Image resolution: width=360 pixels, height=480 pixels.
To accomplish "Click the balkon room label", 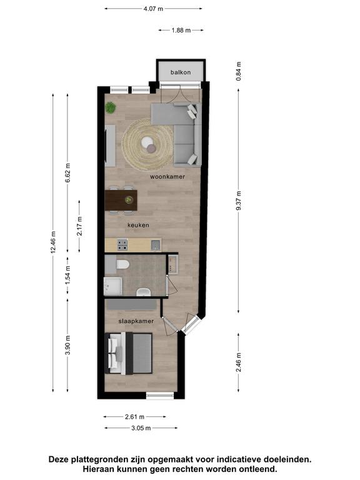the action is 181,72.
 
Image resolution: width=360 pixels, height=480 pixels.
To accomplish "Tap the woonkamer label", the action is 167,177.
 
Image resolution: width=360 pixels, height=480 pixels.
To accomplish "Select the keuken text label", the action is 138,225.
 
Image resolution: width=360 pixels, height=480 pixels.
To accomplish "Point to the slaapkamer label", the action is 136,321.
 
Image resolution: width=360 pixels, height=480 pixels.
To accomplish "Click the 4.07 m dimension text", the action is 153,9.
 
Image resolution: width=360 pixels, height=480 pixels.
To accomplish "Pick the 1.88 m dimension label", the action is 181,30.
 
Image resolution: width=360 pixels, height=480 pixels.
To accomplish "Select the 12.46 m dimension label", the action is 53,242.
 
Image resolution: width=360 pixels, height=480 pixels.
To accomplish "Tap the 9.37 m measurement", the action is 239,201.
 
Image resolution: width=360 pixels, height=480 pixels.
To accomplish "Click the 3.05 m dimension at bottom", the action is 141,428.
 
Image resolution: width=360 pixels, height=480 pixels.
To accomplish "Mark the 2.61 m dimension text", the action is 135,417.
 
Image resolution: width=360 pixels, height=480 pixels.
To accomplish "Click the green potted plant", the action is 110,107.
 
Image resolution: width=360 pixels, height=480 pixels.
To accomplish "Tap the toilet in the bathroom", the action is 122,264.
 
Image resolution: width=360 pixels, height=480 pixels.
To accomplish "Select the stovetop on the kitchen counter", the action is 122,244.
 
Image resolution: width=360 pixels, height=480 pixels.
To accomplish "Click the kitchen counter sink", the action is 156,245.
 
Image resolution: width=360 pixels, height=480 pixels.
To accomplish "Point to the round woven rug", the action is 148,144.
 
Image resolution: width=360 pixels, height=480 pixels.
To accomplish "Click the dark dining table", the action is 121,200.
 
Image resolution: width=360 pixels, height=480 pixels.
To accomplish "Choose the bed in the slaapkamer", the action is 129,353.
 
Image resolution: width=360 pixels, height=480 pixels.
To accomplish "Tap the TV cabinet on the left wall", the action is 110,146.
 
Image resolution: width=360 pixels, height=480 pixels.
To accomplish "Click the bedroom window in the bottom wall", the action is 160,396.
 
